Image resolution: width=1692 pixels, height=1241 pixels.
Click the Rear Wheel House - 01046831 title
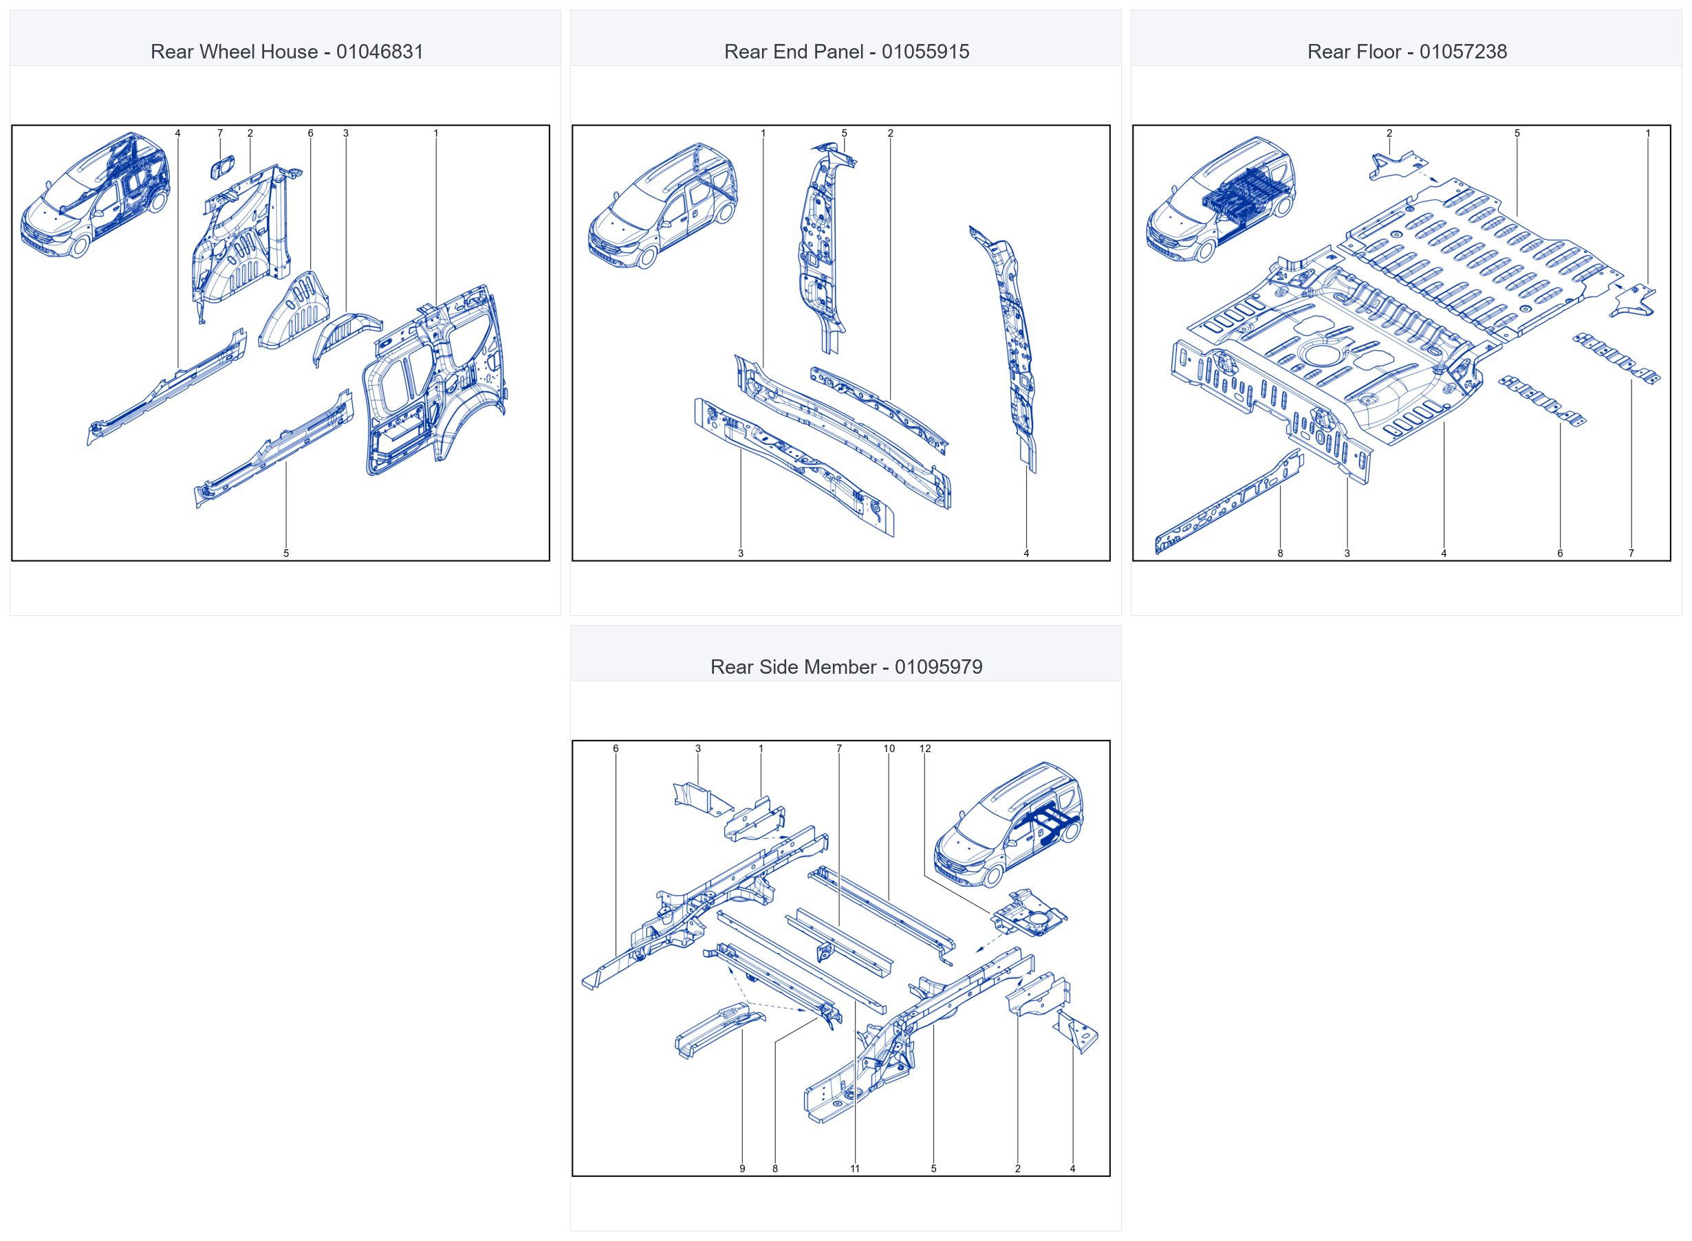pos(287,52)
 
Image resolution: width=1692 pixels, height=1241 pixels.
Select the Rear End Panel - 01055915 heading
pos(847,52)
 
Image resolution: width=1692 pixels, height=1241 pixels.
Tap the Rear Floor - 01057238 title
pos(1407,52)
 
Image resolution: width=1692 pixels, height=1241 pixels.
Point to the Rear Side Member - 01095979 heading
pos(847,667)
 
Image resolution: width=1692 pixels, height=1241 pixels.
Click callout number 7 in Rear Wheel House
pos(220,133)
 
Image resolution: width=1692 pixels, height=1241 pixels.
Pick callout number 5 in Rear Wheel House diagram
pos(286,553)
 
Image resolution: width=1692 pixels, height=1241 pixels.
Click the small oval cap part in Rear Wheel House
pos(222,168)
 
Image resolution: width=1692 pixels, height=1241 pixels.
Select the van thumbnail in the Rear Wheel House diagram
pos(95,195)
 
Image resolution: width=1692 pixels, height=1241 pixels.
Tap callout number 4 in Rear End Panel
pos(1026,553)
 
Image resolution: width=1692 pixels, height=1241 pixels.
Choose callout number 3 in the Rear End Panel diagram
pos(741,553)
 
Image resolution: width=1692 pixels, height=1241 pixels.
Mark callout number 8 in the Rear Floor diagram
pos(1280,553)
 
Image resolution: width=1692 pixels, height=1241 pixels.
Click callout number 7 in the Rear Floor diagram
pos(1631,553)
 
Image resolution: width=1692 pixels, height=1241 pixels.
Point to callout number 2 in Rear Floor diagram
pos(1389,133)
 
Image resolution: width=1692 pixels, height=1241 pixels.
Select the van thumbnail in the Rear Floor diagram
pos(1220,199)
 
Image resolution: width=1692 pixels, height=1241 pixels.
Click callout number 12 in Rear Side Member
pos(925,748)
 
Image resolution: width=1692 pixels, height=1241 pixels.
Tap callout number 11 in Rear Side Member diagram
pos(855,1168)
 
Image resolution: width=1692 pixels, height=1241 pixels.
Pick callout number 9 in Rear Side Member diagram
pos(742,1168)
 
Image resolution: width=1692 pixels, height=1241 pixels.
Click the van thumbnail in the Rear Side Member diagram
pos(1008,825)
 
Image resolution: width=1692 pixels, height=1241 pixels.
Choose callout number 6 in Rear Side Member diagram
pos(616,748)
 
